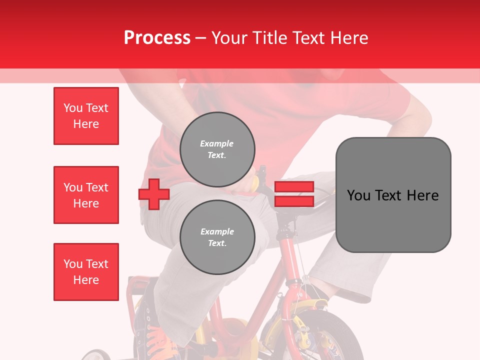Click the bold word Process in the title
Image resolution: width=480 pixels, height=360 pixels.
coord(157,37)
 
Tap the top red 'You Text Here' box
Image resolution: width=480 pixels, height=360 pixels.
coord(86,116)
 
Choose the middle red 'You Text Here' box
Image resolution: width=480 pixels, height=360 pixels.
coord(86,195)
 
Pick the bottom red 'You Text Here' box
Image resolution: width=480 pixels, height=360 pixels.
coord(86,272)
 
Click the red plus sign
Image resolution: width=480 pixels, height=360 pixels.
coord(154,194)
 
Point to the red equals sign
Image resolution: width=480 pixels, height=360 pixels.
coord(294,194)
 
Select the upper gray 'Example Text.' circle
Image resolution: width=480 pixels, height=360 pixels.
coord(217,149)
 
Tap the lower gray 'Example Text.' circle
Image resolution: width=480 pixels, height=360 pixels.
coord(217,237)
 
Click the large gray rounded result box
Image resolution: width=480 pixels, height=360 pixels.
coord(393,195)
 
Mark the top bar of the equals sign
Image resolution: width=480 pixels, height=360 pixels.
coord(294,187)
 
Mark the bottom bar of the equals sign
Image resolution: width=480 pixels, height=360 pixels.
coord(294,201)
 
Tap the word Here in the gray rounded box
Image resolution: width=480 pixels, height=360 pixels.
coord(422,195)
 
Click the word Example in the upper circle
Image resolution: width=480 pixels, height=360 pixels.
coord(217,143)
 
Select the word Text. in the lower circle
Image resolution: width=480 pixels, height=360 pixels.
coord(217,243)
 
